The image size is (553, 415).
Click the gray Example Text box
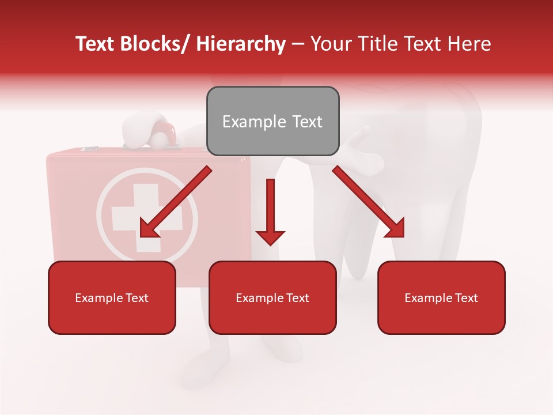coord(272,121)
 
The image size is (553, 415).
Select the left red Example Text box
coord(112,297)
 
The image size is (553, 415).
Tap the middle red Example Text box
coord(272,297)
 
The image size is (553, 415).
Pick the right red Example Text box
coord(441,297)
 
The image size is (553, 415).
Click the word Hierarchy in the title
coord(241,44)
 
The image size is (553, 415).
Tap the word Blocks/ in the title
coord(154,44)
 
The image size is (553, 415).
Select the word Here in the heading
coord(469,44)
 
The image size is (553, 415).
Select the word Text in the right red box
coord(467,297)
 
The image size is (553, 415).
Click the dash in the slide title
coord(298,45)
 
